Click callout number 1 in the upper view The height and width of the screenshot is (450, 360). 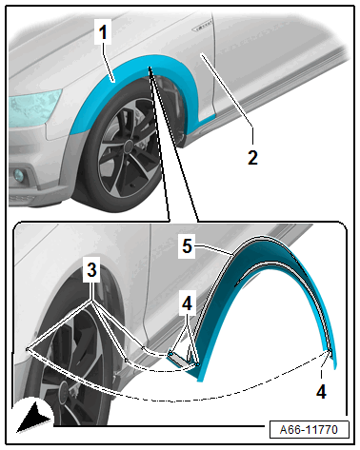coord(103,32)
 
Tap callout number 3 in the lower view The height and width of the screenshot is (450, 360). coord(91,271)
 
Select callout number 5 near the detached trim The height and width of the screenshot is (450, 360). coord(187,245)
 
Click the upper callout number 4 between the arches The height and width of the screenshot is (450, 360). coord(187,303)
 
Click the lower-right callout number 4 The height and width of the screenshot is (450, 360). coord(321,391)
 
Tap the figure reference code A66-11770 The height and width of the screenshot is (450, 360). coord(309,430)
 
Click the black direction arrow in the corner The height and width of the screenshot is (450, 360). coord(32,417)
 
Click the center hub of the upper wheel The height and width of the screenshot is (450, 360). coord(129,147)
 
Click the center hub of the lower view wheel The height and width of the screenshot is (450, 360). coord(65,389)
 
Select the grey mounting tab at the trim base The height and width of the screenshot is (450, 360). coord(179,359)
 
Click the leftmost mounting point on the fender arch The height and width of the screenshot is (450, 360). coord(28,349)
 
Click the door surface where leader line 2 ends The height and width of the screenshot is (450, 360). coord(201,54)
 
